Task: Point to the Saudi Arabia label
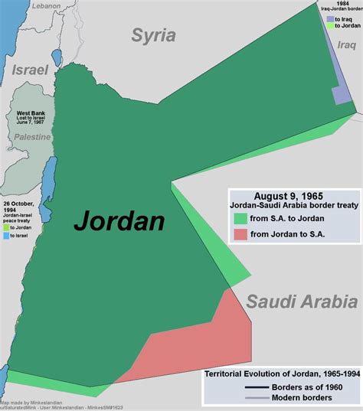pos(301,301)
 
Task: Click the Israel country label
pos(30,70)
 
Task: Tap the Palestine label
pos(31,137)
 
